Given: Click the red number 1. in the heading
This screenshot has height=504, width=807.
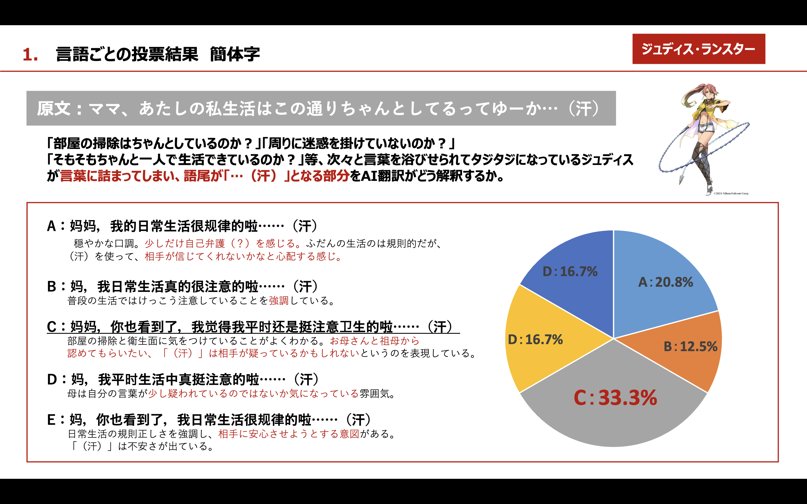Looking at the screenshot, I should coord(30,54).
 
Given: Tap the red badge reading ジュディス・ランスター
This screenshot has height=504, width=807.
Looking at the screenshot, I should coord(699,49).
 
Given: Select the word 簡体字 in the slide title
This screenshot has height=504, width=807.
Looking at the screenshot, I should coord(235,54).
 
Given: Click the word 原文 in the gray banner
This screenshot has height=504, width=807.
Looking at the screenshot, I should coord(53,109).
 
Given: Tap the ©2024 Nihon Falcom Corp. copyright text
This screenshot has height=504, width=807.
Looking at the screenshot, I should coord(731,193).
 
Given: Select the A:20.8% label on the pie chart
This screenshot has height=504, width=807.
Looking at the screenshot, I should coord(665,282).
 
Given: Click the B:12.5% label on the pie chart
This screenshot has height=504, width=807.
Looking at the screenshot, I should coord(690,347).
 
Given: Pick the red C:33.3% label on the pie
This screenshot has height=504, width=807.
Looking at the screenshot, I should coord(615,398).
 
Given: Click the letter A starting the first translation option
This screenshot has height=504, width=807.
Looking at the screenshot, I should coord(51,226).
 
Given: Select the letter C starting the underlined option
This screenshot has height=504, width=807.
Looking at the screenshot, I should coord(52,327).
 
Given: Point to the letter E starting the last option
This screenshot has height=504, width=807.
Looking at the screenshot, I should coord(51,420).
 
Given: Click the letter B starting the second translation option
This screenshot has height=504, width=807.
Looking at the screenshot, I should coord(51,287).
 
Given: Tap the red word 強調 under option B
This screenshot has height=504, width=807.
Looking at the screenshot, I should coord(279,301).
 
